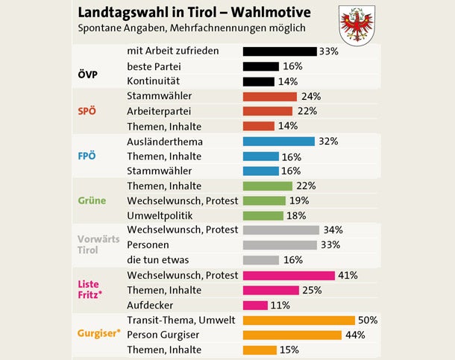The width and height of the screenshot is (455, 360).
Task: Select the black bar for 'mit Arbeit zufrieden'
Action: coord(279,51)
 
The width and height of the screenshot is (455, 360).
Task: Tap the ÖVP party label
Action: coord(88,74)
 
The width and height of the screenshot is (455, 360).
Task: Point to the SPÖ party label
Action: coord(88,112)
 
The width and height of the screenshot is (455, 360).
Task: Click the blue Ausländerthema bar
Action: coord(278,141)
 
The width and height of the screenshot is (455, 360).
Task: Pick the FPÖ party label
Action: coord(88,157)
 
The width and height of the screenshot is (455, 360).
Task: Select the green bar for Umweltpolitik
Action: coord(263,215)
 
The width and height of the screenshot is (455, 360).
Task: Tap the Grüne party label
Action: coord(90,200)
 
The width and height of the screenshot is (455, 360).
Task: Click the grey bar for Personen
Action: coord(280,245)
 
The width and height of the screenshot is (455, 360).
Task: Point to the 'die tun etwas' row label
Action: coord(157,260)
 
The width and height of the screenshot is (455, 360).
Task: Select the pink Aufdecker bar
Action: coord(255,305)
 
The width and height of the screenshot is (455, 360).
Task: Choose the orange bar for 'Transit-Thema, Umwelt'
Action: coord(299,320)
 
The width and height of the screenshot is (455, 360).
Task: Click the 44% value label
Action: coord(355,335)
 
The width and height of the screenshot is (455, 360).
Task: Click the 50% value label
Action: coord(368,320)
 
